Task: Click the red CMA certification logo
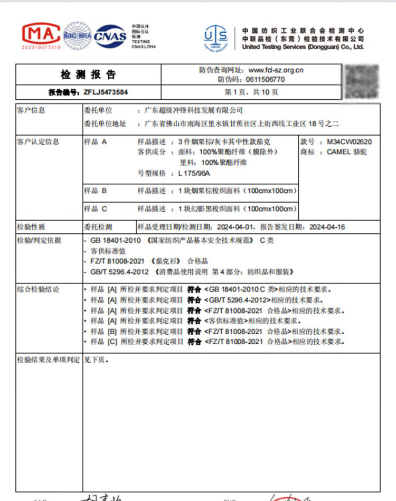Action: tap(41, 35)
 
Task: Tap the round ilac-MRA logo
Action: tap(78, 35)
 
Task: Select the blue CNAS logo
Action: tap(110, 36)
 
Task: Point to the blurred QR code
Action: tap(362, 80)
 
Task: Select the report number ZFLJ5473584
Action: tap(106, 92)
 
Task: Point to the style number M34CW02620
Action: tap(350, 142)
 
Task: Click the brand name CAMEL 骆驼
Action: tap(346, 152)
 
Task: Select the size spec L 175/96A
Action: tap(194, 173)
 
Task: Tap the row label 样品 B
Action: tap(95, 191)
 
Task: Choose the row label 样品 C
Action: tap(95, 209)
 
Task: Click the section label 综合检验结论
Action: tap(38, 289)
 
